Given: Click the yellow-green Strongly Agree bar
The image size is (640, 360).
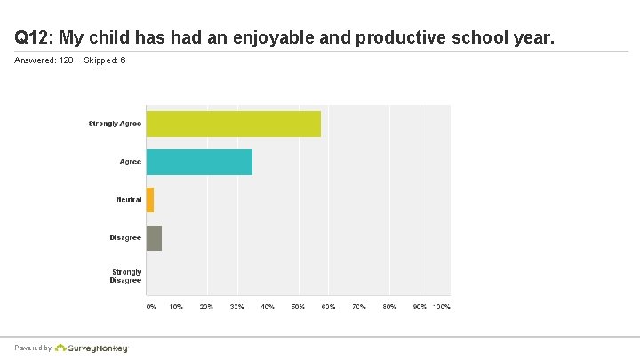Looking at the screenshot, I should click(x=233, y=124).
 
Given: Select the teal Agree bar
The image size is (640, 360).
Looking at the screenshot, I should click(x=199, y=162).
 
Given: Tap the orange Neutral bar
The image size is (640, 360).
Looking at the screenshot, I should click(x=150, y=200).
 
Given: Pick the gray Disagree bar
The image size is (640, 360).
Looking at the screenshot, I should click(x=154, y=238).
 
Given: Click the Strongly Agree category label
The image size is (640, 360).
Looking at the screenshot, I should click(x=115, y=124).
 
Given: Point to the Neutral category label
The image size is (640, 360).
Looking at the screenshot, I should click(x=129, y=200).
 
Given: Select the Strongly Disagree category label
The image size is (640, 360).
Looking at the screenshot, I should click(x=126, y=276).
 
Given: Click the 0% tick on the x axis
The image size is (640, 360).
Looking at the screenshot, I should click(x=151, y=307).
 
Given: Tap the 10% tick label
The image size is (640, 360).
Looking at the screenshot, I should click(x=176, y=307).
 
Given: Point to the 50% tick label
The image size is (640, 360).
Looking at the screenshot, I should click(x=298, y=307).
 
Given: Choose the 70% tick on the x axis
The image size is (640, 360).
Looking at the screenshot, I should click(x=358, y=307).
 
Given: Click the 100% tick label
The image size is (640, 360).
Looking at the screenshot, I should click(x=442, y=307).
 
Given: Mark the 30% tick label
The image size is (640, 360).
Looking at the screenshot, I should click(x=237, y=307).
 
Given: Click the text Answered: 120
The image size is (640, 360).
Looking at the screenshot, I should click(x=44, y=60).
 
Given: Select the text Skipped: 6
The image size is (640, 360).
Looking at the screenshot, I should click(x=104, y=60).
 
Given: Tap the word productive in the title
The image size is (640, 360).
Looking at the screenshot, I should click(x=391, y=38).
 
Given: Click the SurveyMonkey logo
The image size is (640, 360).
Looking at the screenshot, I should click(x=92, y=348).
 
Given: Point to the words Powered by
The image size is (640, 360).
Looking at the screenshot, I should click(x=32, y=348).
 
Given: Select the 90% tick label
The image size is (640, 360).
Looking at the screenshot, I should click(x=419, y=307).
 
